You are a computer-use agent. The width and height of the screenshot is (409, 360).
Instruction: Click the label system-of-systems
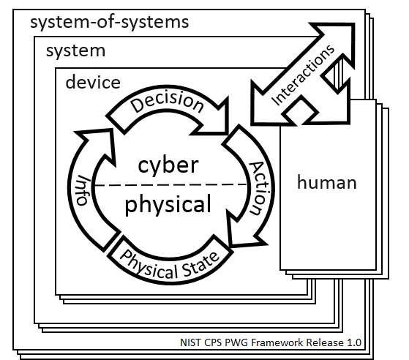110,23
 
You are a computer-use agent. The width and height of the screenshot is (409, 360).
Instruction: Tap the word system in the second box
75,51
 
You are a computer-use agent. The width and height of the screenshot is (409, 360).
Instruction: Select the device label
93,82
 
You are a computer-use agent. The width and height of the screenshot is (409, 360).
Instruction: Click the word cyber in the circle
168,165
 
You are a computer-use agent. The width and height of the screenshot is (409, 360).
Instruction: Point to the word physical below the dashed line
168,206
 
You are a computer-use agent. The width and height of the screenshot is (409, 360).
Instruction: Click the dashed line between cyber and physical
171,185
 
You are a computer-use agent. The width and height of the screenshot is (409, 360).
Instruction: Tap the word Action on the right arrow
259,188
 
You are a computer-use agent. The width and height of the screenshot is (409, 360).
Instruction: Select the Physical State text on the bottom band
170,266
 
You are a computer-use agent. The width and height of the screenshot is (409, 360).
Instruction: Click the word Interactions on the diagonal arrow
303,75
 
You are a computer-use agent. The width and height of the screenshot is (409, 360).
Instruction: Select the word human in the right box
327,182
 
